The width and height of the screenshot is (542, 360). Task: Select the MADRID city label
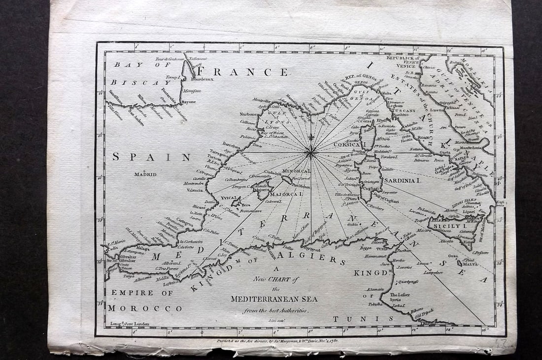pyautogui.click(x=145, y=174)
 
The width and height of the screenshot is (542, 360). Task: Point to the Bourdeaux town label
pyautogui.click(x=202, y=79)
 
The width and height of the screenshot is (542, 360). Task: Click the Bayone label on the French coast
pyautogui.click(x=188, y=102)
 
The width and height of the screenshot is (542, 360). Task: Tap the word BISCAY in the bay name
pyautogui.click(x=136, y=83)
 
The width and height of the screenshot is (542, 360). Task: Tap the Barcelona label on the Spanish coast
pyautogui.click(x=231, y=146)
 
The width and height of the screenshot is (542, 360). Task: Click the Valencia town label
pyautogui.click(x=195, y=190)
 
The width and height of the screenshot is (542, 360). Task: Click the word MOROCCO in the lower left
pyautogui.click(x=145, y=308)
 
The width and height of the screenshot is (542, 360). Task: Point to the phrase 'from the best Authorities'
pyautogui.click(x=275, y=311)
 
